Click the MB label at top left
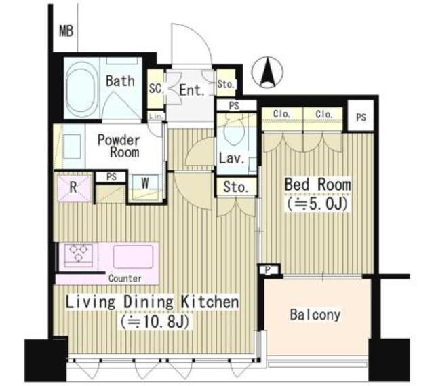(x=66, y=31)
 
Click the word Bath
(x=119, y=81)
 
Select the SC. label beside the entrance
(x=155, y=89)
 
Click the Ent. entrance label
(x=192, y=90)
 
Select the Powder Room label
(x=118, y=146)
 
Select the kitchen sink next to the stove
(x=132, y=257)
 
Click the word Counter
(x=125, y=278)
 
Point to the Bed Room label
(x=317, y=185)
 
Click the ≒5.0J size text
(x=317, y=203)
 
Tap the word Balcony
(x=315, y=315)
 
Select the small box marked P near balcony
(x=269, y=269)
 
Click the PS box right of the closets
(x=361, y=117)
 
